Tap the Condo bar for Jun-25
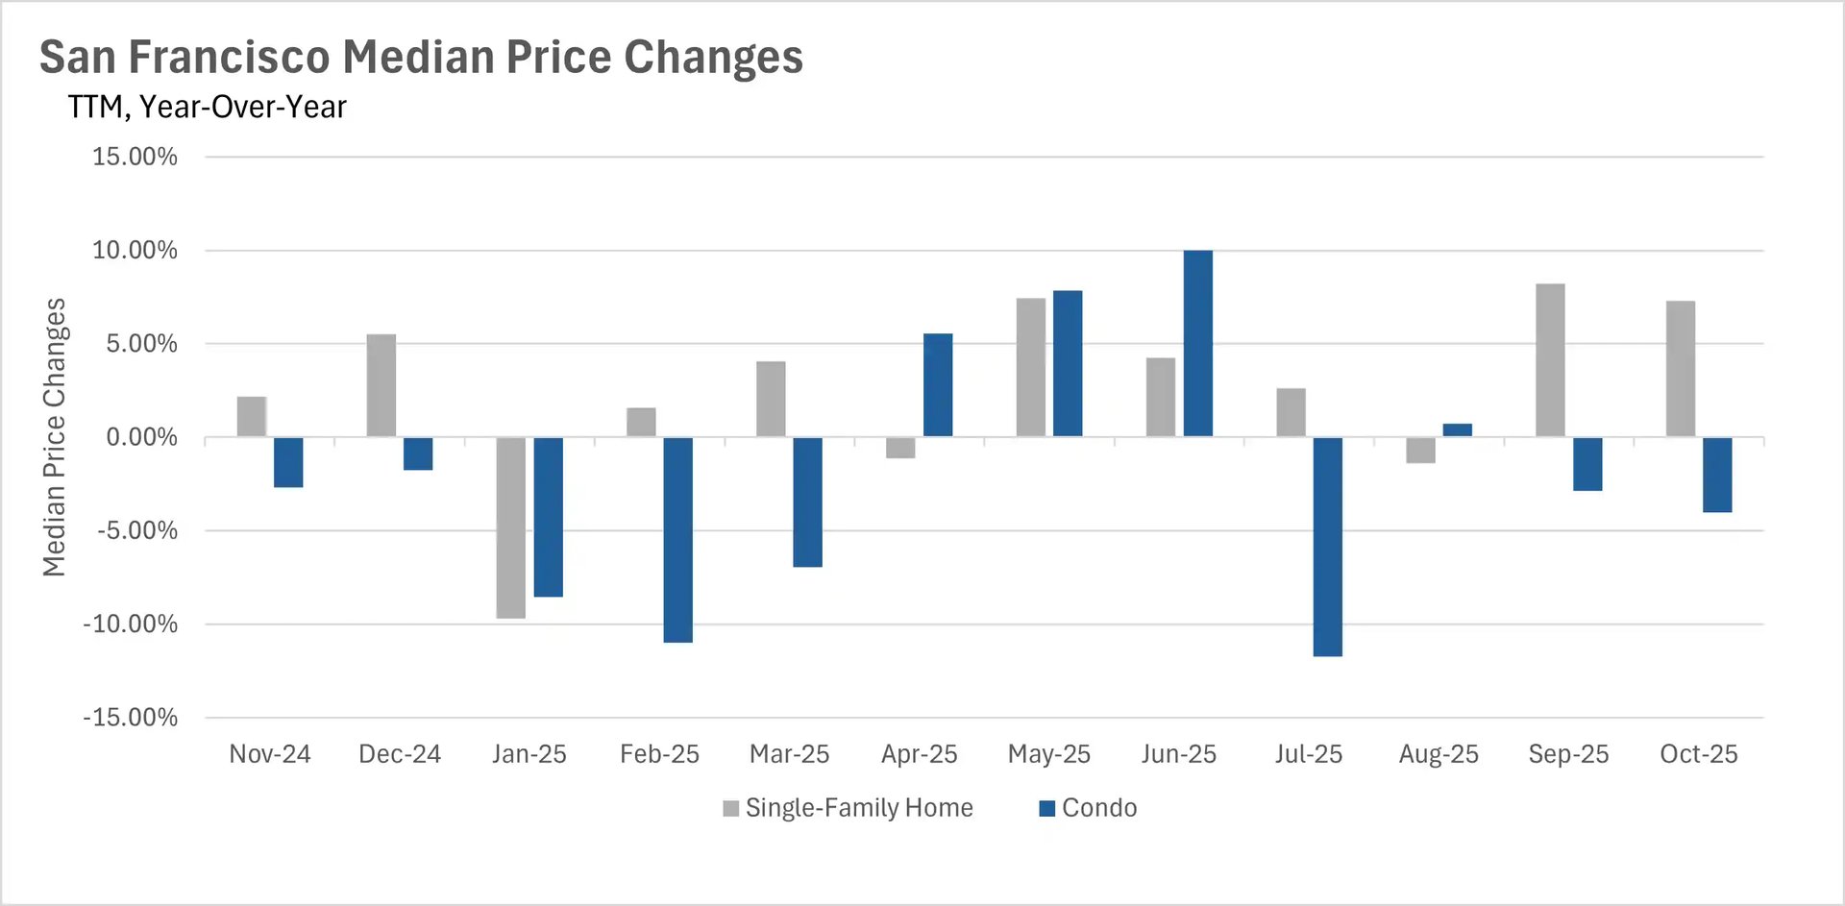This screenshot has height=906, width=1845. coord(1197,343)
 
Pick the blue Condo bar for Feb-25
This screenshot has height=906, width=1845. coord(677,539)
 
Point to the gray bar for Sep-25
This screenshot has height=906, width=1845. coord(1550,360)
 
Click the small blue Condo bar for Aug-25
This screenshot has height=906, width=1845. coord(1457,430)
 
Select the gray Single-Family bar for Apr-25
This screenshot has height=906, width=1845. coord(900,448)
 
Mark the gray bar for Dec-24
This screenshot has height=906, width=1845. coord(381,385)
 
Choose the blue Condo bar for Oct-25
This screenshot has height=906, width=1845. coord(1717,475)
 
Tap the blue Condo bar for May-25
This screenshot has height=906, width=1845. coord(1068,363)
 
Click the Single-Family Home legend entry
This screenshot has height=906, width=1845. coord(849,808)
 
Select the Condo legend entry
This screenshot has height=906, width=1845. coord(1089,808)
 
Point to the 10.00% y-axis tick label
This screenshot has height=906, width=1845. coord(135,251)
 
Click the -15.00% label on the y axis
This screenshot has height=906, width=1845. coord(131,718)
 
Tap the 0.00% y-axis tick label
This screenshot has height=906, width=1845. coord(141,438)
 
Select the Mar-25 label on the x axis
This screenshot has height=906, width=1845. coord(789,754)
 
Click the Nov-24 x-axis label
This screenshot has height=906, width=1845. coord(269,754)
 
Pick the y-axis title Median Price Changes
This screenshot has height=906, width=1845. coord(54,437)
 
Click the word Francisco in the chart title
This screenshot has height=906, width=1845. coord(230,57)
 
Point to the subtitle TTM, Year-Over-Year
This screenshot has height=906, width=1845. coord(207,107)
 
